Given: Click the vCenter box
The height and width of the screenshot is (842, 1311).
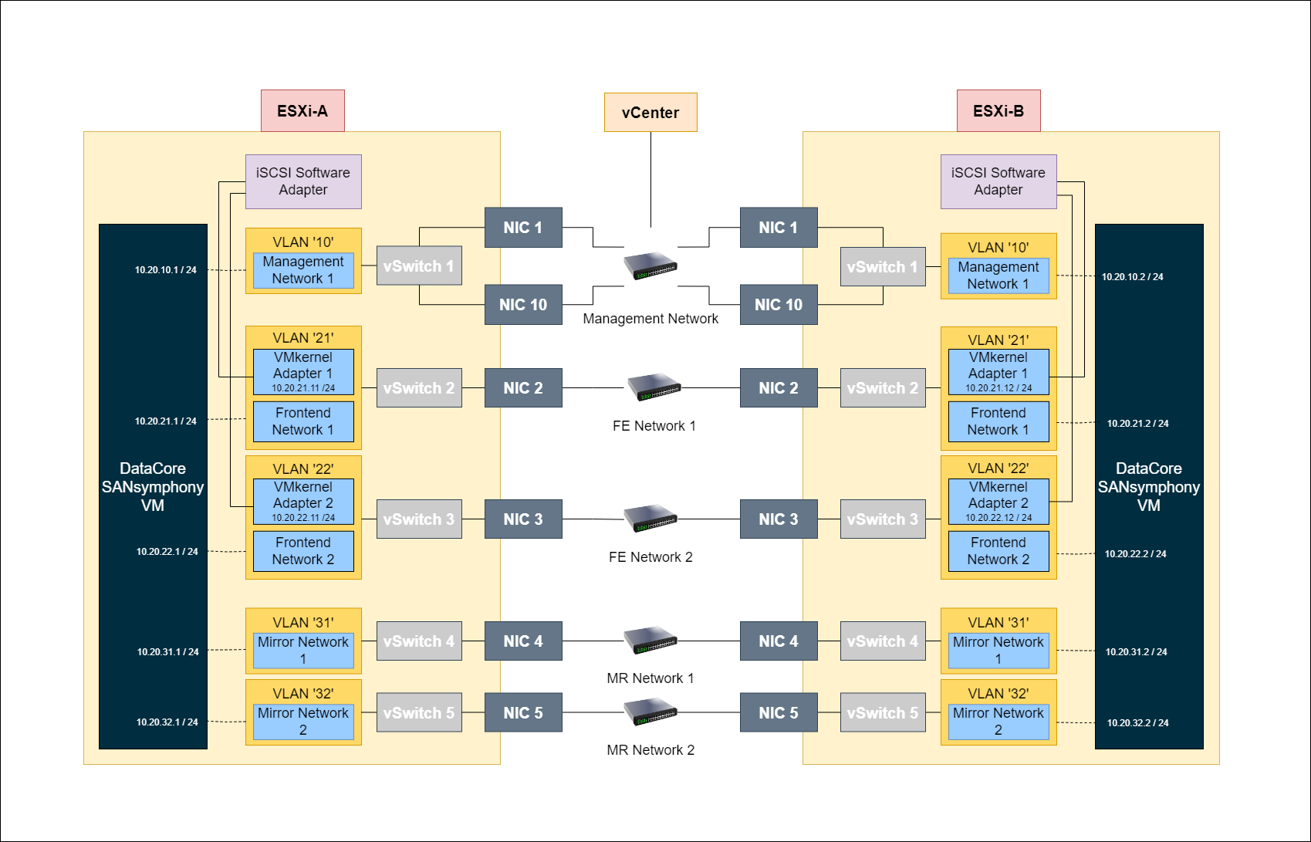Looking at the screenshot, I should (650, 113).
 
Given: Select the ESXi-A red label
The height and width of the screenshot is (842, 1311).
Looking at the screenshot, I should (302, 111).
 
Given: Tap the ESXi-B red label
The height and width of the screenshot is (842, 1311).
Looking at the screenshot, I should (998, 111).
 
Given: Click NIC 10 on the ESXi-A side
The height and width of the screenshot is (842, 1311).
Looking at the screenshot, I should (523, 305).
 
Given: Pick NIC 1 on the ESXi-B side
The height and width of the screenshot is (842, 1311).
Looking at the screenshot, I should (778, 228).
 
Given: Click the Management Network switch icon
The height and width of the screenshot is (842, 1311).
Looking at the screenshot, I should (650, 265).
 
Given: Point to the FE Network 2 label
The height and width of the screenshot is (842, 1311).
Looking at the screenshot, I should (650, 557).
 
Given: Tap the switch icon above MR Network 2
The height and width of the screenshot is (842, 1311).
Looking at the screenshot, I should (650, 712).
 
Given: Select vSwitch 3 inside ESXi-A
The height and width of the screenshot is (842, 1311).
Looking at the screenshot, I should (419, 519).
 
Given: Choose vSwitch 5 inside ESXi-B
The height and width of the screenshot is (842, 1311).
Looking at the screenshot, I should (883, 713).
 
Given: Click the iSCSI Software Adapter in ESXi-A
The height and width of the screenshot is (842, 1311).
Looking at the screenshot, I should (303, 181).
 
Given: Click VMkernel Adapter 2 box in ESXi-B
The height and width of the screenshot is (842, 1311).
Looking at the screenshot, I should (998, 502).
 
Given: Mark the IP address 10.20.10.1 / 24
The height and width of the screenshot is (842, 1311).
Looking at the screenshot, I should (166, 270).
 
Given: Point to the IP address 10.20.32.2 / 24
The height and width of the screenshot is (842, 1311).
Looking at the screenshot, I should (1137, 723).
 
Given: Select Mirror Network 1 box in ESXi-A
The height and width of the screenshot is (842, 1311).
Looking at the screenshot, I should (303, 651).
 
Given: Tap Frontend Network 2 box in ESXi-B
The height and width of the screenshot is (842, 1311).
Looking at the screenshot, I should (998, 551).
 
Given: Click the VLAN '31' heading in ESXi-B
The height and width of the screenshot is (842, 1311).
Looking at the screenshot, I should (998, 623).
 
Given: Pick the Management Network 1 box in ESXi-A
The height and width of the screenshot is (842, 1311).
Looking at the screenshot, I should (303, 270).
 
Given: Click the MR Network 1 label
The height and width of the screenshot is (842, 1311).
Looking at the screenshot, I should (650, 678).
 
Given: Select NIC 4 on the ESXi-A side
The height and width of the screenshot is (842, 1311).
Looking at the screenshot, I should (523, 641).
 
